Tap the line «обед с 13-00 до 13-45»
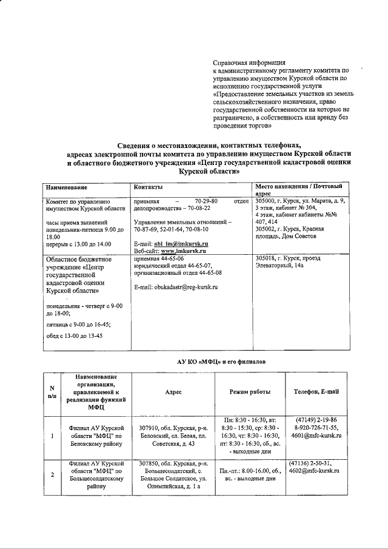74,336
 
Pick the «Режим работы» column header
250,392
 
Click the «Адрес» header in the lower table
173,392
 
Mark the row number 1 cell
52,436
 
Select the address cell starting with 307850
173,474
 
